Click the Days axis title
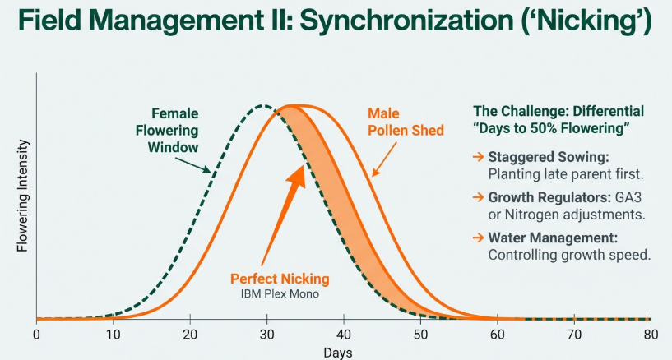337,352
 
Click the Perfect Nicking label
280,279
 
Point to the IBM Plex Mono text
280,293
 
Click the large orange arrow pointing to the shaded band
282,206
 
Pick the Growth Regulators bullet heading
551,197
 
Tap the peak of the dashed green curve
262,106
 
